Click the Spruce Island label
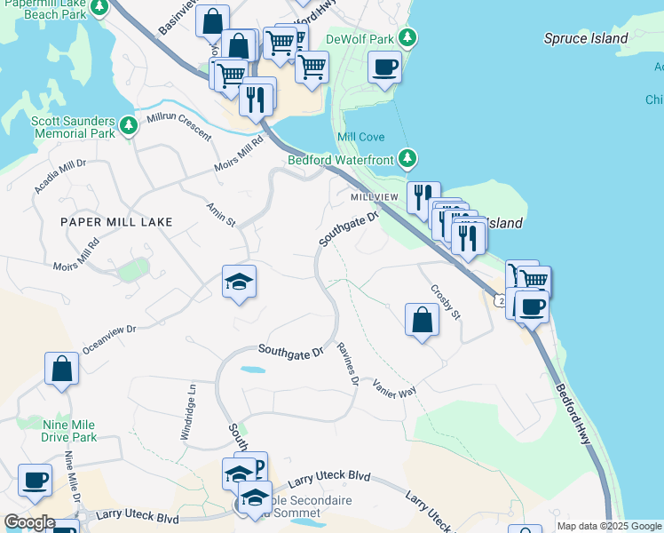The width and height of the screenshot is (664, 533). click(587, 38)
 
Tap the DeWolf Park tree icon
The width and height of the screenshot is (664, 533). click(407, 37)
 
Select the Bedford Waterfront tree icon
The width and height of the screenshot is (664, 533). click(407, 159)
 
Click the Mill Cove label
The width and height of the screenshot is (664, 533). click(360, 137)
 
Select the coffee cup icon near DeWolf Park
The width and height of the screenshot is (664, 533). click(384, 68)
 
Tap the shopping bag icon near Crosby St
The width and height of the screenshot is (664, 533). click(422, 321)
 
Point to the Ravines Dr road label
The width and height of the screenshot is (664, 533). click(347, 365)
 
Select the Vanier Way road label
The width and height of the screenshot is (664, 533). click(394, 386)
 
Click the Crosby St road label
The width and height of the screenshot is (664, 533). click(446, 301)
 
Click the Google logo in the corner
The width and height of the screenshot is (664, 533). click(29, 521)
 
